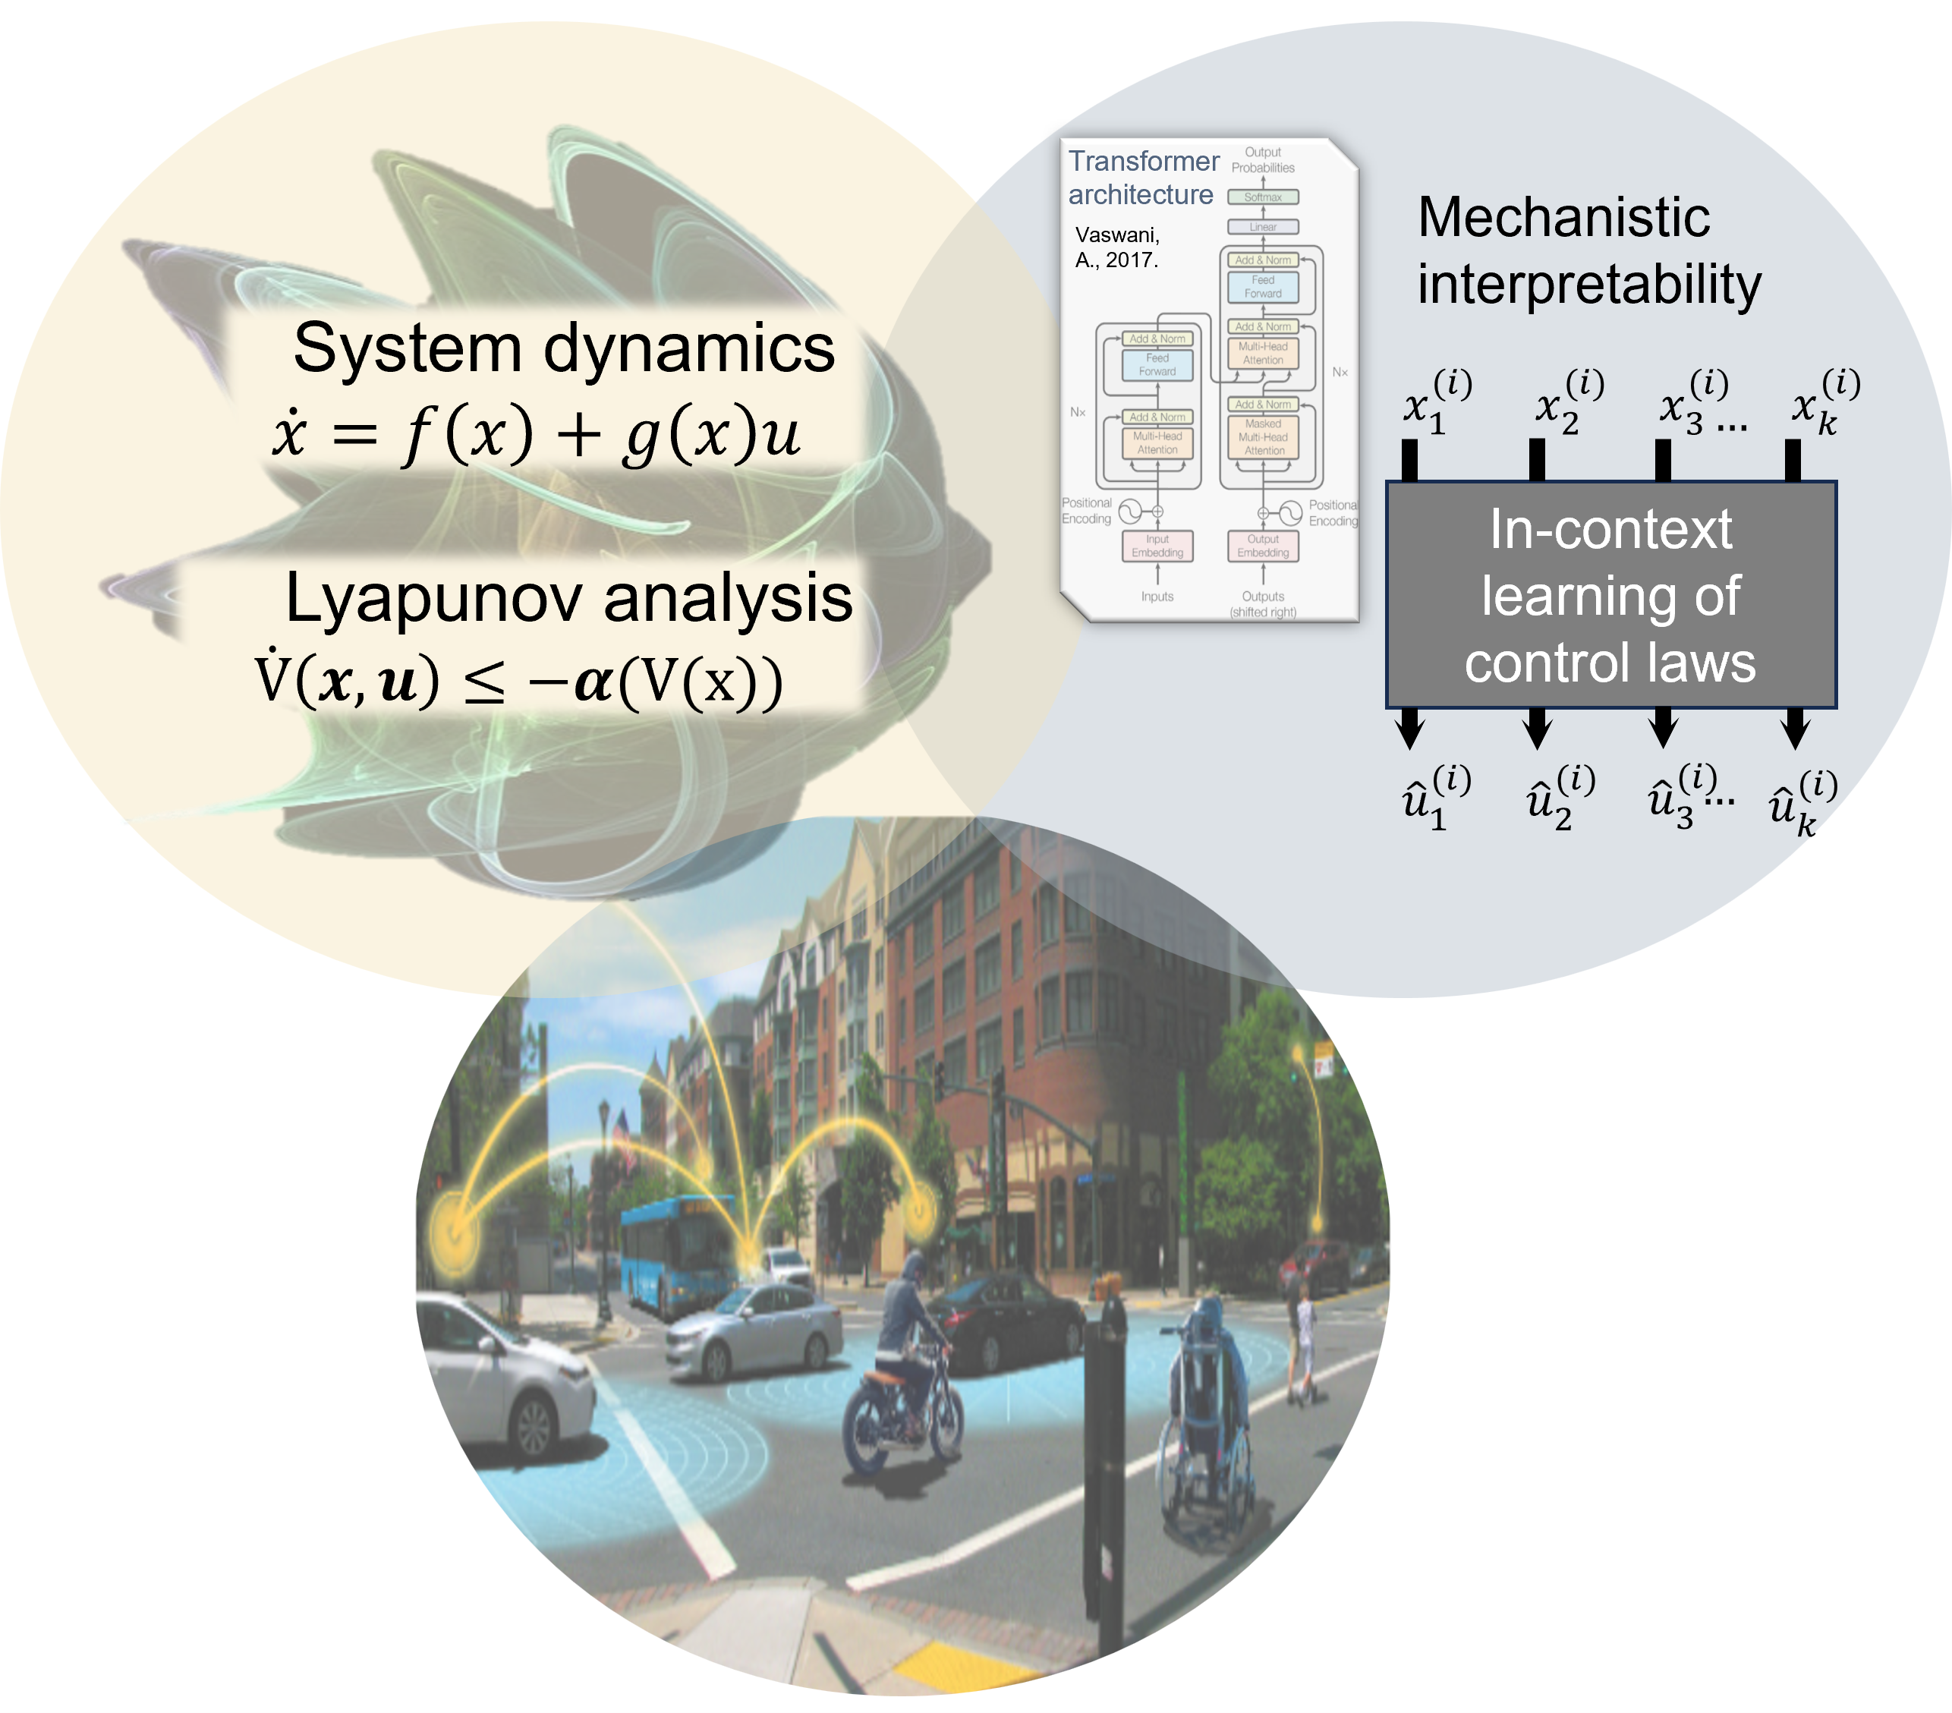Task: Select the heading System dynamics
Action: [x=563, y=348]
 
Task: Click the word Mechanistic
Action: [x=1563, y=217]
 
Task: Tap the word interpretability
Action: [x=1589, y=285]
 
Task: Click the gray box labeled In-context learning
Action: [x=1611, y=594]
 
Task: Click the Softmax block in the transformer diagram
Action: [x=1262, y=197]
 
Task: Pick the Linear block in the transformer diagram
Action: [x=1262, y=227]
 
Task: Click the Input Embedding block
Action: [x=1157, y=546]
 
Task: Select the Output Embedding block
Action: [x=1262, y=546]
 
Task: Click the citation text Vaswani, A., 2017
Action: [x=1116, y=247]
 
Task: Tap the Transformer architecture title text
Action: [x=1142, y=178]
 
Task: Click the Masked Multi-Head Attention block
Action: [x=1262, y=437]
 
